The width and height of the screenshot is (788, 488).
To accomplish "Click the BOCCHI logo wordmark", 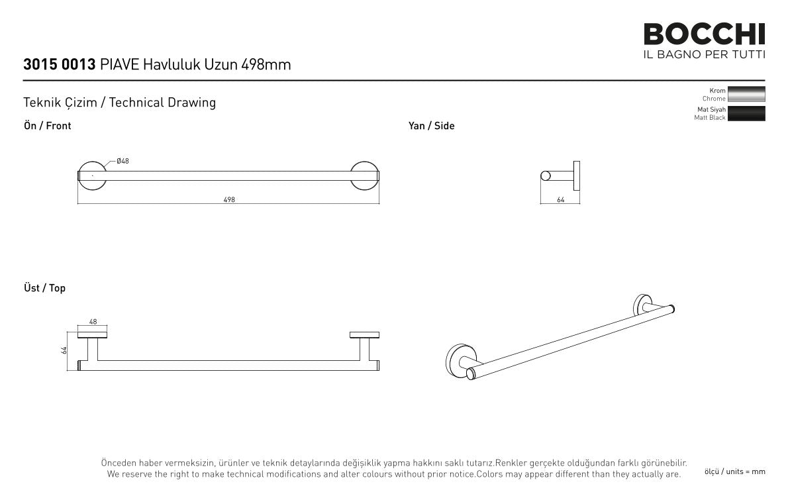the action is [704, 34].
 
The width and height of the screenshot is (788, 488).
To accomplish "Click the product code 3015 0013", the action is [60, 64].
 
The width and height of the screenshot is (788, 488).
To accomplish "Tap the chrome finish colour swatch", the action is [746, 94].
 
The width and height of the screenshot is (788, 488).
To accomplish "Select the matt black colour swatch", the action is [746, 114].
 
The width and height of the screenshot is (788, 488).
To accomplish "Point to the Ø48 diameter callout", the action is [123, 161].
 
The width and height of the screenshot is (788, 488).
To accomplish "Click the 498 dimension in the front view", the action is [229, 199].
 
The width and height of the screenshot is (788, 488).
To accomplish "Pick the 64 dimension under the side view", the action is [561, 199].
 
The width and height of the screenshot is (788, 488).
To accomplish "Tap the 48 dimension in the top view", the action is [93, 322].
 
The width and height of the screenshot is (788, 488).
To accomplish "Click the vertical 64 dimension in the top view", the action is [64, 350].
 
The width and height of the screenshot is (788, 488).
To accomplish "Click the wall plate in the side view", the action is [576, 176].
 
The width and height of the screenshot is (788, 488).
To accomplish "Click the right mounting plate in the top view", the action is [364, 335].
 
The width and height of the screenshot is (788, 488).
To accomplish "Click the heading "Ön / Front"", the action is [47, 126].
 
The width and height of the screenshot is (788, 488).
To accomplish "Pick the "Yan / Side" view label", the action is [431, 126].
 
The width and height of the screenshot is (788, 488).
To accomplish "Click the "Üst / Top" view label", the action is [45, 287].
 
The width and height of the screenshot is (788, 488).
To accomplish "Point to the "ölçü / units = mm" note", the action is [735, 472].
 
